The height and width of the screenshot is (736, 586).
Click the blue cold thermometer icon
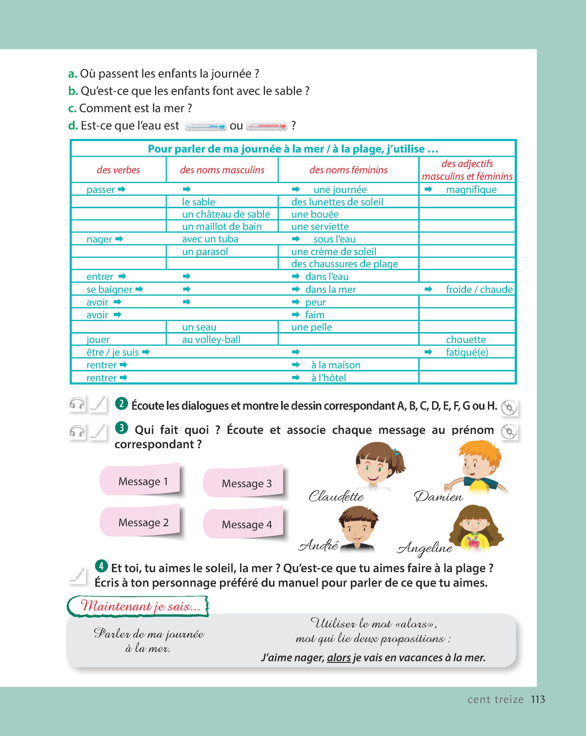pyautogui.click(x=205, y=126)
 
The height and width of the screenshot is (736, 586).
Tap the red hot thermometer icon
pyautogui.click(x=267, y=126)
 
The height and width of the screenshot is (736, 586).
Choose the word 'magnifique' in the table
pyautogui.click(x=471, y=189)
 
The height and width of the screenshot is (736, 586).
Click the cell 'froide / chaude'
pyautogui.click(x=479, y=289)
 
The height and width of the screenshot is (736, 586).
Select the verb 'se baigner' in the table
pyautogui.click(x=109, y=289)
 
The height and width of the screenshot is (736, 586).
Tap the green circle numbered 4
pyautogui.click(x=101, y=566)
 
